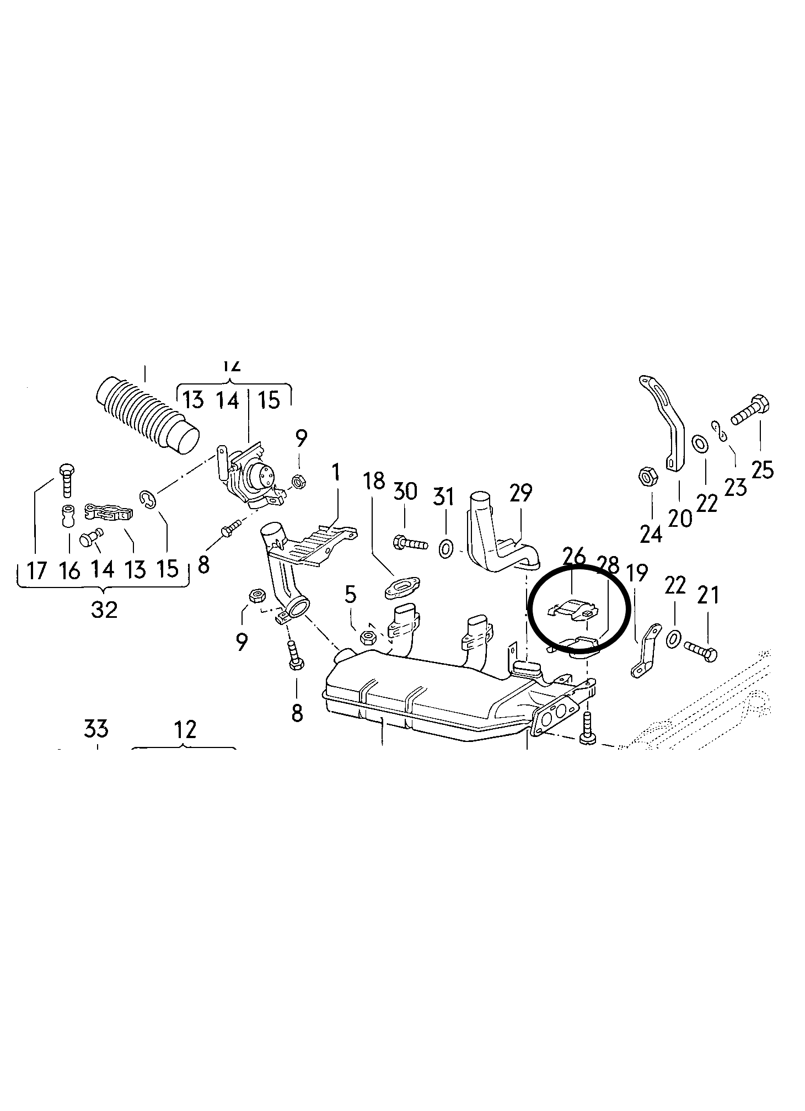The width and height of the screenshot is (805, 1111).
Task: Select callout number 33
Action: (96, 729)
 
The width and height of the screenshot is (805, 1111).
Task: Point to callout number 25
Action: (763, 469)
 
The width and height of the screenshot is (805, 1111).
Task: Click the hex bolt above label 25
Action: (750, 410)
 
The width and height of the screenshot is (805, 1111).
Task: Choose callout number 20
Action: (679, 517)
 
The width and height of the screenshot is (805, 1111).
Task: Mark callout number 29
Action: (520, 493)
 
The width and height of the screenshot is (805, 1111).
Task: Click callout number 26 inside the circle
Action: (573, 557)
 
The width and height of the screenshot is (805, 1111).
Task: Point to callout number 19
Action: (637, 574)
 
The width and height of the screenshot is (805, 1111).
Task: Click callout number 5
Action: (351, 595)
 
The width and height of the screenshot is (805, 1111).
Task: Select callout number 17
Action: (37, 570)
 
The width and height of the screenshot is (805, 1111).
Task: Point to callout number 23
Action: (734, 486)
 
